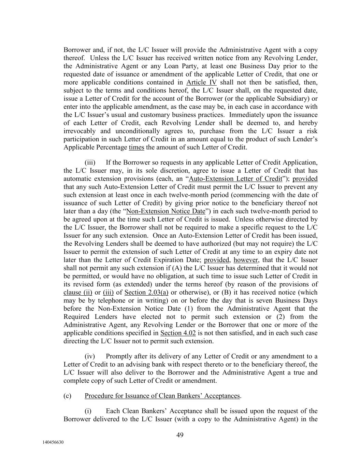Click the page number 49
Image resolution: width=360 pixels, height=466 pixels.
[x=180, y=435]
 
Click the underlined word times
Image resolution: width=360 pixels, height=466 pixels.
[x=136, y=147]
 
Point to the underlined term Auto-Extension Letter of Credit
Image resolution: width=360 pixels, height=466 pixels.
[x=235, y=179]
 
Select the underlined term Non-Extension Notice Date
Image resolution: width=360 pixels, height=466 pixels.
[x=166, y=211]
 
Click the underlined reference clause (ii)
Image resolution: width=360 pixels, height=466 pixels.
[x=78, y=292]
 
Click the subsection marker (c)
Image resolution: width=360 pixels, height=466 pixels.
[x=67, y=396]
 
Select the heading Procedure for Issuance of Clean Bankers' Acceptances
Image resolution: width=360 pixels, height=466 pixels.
[x=162, y=396]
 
